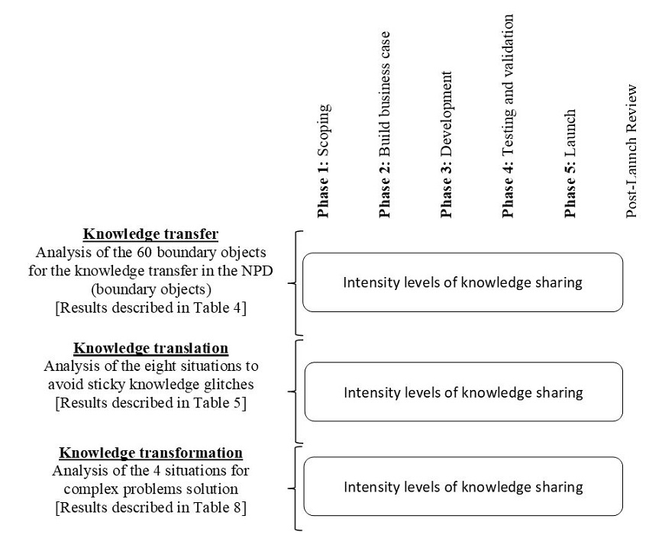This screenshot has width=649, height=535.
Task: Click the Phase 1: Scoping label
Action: point(324,161)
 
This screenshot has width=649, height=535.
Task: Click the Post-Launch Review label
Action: point(631,152)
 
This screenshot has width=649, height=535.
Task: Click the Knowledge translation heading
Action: point(150,349)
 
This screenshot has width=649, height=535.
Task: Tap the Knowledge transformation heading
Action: point(151,453)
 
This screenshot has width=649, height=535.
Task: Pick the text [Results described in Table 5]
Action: point(150,403)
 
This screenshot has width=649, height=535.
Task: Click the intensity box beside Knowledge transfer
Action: point(463,282)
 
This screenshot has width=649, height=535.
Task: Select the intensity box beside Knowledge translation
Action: point(463,392)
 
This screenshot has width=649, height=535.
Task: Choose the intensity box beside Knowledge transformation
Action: point(463,487)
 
